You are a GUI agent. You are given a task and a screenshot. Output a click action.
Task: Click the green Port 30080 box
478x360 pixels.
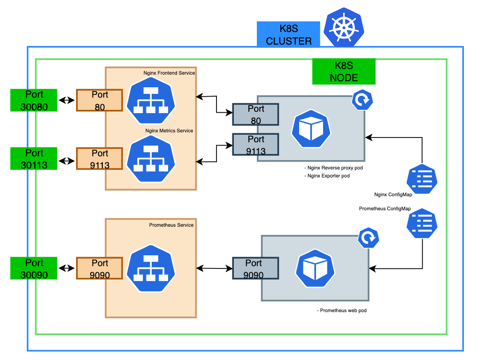coord(34,100)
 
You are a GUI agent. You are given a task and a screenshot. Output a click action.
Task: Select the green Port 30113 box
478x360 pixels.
coord(34,159)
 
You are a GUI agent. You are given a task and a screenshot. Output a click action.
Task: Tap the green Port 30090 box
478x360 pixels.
coord(34,268)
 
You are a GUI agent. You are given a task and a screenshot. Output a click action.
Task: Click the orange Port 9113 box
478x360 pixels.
coord(100,159)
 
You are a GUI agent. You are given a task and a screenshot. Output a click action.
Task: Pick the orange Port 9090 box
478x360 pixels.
coord(100,268)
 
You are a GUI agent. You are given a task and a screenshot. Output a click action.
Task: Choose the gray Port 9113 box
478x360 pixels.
coord(256,145)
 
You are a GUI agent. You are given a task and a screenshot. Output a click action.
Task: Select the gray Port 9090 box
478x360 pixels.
coord(256,269)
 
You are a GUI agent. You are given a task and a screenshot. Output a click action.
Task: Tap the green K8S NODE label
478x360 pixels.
coord(344,71)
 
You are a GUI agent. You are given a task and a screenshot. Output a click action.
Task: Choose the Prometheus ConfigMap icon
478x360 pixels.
coord(422,223)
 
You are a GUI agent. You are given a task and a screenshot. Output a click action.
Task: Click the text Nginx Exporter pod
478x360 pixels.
coord(328,176)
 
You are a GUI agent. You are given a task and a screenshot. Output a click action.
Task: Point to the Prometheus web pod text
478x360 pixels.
coord(339,311)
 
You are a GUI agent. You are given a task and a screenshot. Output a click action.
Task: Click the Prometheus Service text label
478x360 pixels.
coord(171,225)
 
